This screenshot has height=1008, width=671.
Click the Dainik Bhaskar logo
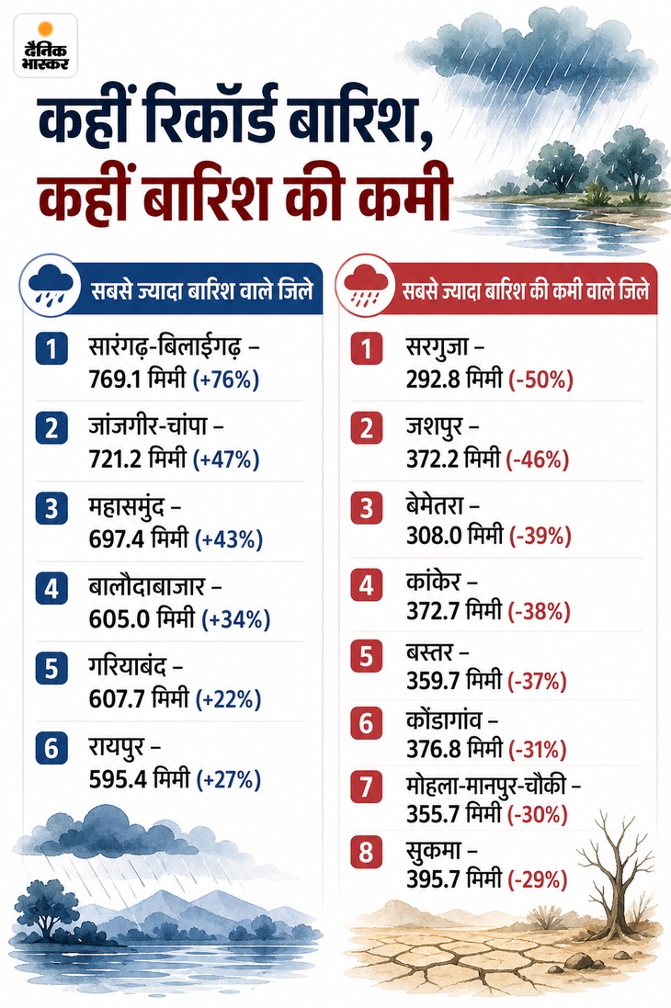[x=45, y=47]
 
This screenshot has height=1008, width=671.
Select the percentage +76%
[x=226, y=379]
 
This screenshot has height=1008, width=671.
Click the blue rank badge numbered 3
[x=51, y=508]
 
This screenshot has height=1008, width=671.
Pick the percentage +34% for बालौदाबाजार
[x=236, y=619]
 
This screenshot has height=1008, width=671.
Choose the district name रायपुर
[x=117, y=748]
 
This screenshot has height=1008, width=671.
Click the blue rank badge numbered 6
[x=51, y=748]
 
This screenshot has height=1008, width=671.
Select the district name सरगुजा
[x=437, y=348]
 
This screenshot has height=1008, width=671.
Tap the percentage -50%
[x=541, y=379]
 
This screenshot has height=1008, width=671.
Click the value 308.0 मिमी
[x=454, y=536]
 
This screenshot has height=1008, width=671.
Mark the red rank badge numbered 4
[x=366, y=585]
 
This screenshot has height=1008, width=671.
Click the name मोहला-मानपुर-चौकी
[x=485, y=786]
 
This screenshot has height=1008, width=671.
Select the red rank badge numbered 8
[x=366, y=852]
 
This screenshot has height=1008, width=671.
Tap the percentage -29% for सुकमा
[x=538, y=878]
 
